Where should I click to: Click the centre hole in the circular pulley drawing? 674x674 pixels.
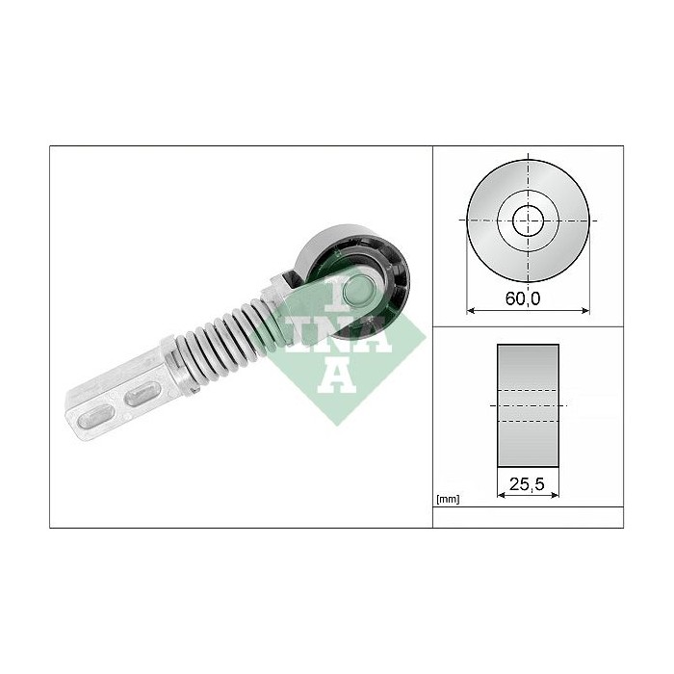(527, 220)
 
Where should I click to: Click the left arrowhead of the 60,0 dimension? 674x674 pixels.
(470, 310)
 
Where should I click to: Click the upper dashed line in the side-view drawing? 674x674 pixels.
(528, 392)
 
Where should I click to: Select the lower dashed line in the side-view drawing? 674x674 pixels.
(528, 421)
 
